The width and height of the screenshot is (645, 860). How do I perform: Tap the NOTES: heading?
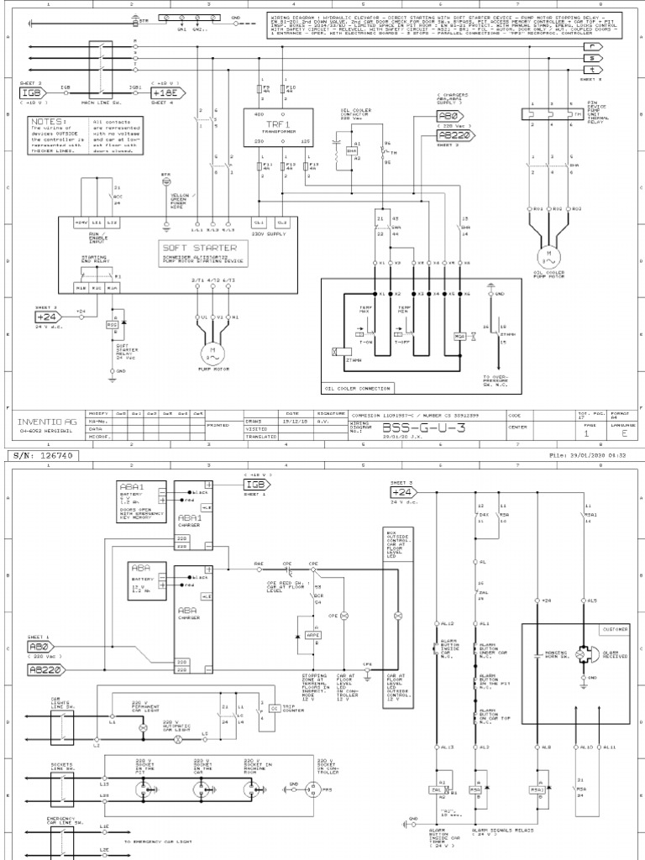49,122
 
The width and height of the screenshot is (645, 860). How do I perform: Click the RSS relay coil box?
113,323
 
